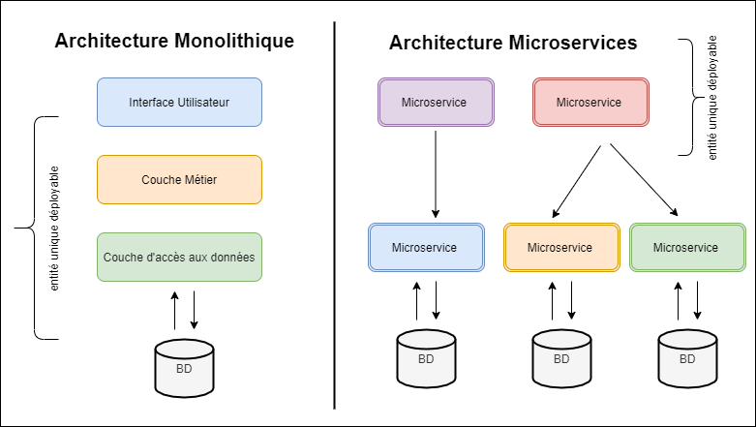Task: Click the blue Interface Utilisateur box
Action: click(179, 103)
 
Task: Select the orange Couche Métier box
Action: click(179, 179)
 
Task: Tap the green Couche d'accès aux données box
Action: click(179, 258)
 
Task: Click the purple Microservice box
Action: click(436, 103)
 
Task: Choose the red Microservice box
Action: click(590, 103)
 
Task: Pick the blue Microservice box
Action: click(426, 248)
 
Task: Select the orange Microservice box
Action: click(561, 248)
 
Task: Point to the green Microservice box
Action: click(687, 248)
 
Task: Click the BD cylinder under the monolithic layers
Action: click(184, 368)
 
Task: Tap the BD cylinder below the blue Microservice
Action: click(426, 358)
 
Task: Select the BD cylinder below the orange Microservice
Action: click(561, 358)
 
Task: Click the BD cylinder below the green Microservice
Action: click(687, 358)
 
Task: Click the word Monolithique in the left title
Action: click(234, 41)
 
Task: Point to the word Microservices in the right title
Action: click(573, 43)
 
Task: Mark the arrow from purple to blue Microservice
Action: click(436, 174)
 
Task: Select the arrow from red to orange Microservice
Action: click(577, 181)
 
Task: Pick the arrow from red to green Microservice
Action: click(644, 179)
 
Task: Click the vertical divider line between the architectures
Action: click(334, 215)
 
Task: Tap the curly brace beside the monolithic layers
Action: click(35, 228)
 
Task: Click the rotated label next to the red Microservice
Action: click(712, 98)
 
